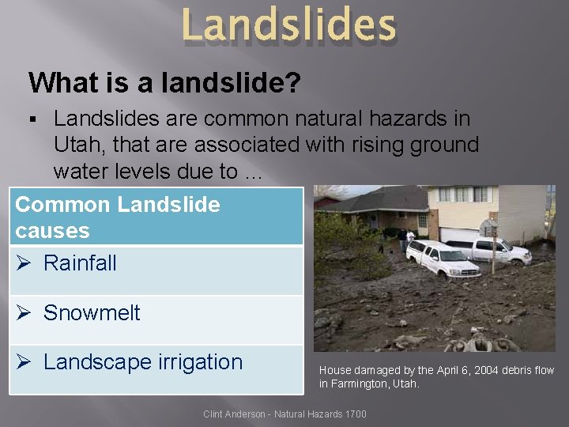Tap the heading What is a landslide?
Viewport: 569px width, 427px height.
[164, 82]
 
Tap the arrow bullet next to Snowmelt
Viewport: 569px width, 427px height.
[24, 313]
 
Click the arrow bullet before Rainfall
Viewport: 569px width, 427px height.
[24, 263]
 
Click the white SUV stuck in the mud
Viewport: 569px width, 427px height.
[442, 260]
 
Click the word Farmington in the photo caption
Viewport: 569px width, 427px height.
[361, 384]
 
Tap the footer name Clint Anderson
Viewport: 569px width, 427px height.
[234, 414]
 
